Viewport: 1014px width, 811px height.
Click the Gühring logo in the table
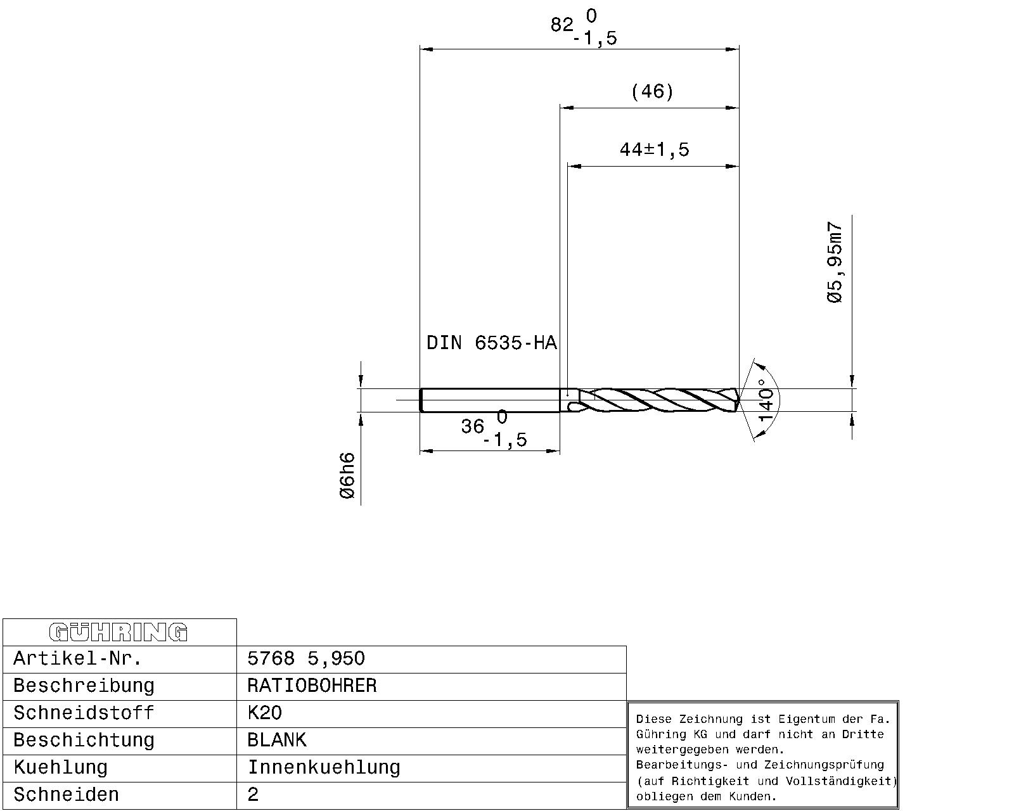tap(119, 632)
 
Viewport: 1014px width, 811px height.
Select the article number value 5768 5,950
tap(306, 659)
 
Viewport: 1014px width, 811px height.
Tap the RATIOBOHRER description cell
tap(312, 686)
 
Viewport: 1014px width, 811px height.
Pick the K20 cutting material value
tap(265, 713)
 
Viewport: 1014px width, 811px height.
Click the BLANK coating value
tap(277, 740)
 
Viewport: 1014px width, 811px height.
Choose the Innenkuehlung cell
tap(324, 768)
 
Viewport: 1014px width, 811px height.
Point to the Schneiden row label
tap(66, 795)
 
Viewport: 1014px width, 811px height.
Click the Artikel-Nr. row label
tap(78, 659)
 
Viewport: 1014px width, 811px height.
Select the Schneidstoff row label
tap(84, 713)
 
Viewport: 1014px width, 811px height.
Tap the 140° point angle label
tap(767, 399)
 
